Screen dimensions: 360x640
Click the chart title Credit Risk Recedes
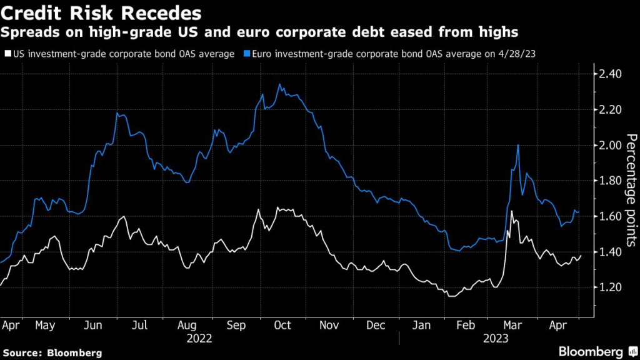[102, 12]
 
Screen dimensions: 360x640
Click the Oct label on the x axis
[283, 325]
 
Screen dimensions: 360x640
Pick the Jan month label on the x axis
[422, 325]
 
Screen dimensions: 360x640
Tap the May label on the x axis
[45, 325]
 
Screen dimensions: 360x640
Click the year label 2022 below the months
[199, 338]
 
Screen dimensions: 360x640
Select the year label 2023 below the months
[497, 338]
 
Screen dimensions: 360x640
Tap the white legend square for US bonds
[7, 54]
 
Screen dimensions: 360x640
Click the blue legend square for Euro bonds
[241, 54]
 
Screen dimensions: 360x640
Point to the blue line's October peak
[279, 84]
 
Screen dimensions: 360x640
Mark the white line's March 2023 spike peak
[512, 212]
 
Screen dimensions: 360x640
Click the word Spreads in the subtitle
[26, 31]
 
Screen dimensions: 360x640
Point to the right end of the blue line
[579, 212]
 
